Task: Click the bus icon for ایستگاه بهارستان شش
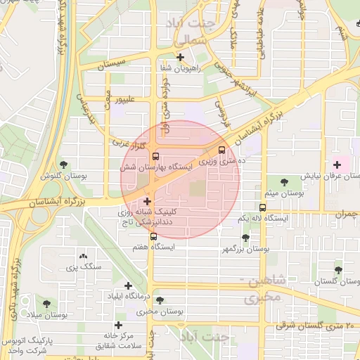155,157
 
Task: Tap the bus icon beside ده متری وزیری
222,150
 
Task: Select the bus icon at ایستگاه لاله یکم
262,207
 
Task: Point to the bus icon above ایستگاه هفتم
153,236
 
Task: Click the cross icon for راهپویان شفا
181,57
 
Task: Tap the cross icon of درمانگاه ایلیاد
128,285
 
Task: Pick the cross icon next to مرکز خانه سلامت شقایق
118,325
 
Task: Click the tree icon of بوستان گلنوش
64,165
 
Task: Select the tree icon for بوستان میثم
285,181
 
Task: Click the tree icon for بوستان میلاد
46,304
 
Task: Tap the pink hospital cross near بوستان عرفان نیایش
337,165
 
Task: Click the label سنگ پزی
84,266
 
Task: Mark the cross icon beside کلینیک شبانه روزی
146,202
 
